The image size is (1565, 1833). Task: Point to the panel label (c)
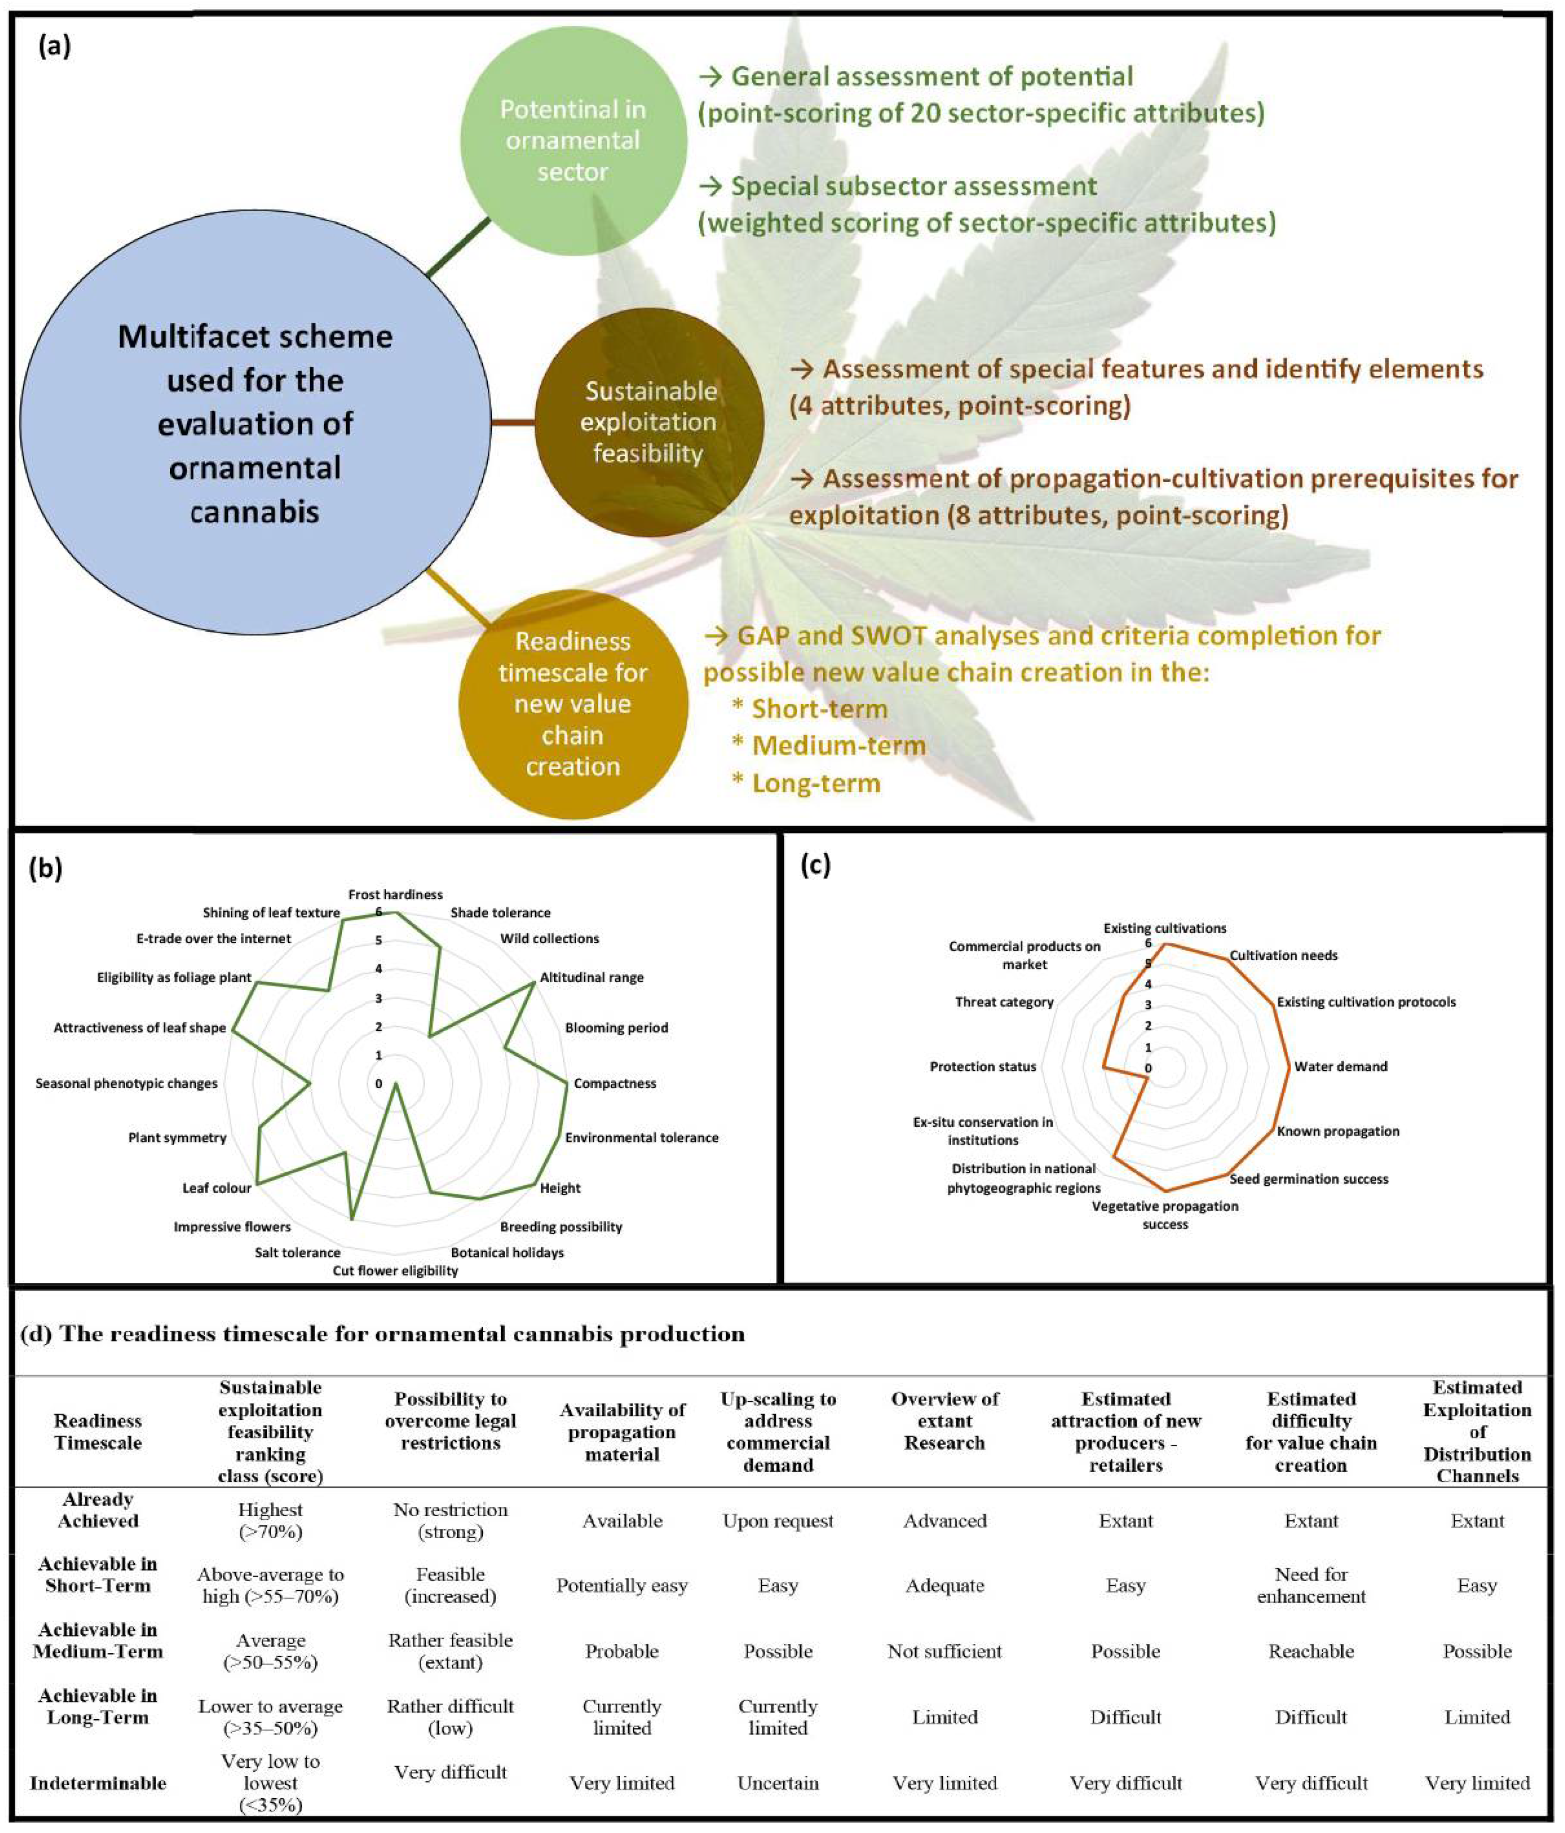pos(815,867)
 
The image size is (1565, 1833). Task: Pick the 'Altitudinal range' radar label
pos(592,978)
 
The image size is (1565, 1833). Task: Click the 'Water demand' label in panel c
pos(1340,1067)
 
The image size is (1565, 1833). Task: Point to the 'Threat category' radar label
pos(1004,1002)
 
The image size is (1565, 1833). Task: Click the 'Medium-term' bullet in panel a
pos(838,746)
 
